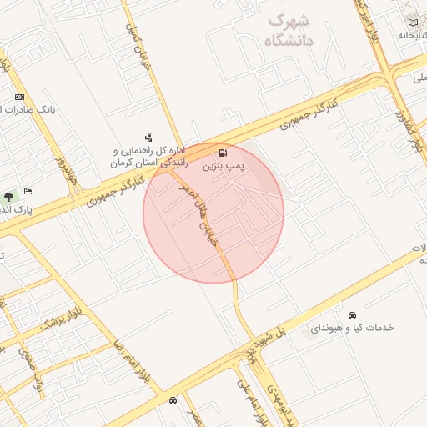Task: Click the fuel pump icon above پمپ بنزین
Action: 223,153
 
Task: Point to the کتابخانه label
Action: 412,35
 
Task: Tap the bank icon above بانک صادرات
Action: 20,97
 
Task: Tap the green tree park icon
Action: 9,197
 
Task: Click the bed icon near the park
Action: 28,191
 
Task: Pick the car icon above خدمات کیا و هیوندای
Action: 353,315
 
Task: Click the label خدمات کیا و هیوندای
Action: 351,329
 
